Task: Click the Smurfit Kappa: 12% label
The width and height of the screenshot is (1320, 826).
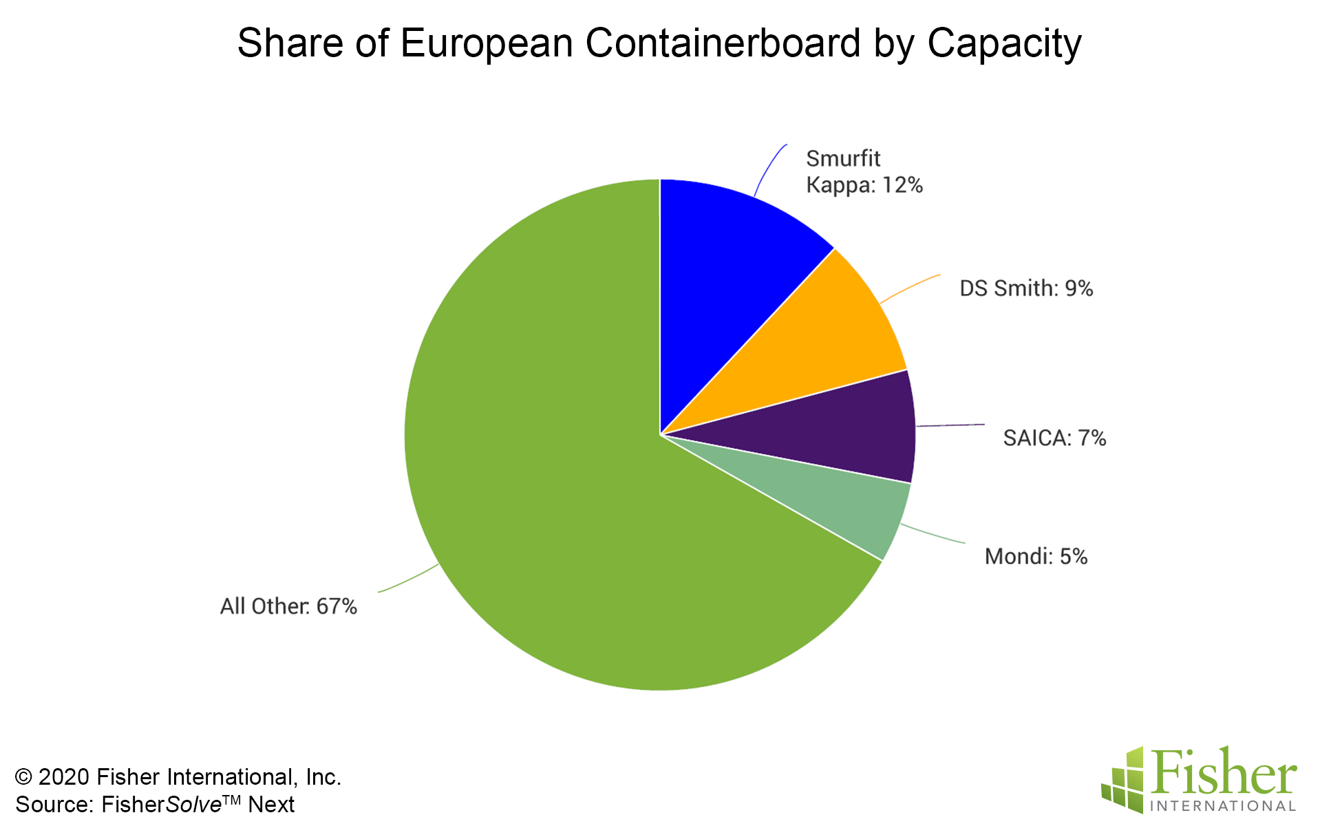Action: (864, 172)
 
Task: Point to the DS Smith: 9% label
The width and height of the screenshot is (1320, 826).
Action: (1025, 288)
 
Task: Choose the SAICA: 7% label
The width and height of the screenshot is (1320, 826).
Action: (1054, 438)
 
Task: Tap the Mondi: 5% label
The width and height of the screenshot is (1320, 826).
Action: (1036, 556)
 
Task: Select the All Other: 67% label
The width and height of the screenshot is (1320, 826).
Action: (288, 606)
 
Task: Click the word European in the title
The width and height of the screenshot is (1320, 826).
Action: (486, 44)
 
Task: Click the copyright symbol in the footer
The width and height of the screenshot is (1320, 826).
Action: (24, 777)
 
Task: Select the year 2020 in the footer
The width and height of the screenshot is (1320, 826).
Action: (64, 777)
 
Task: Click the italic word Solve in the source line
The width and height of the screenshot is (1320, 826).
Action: (193, 805)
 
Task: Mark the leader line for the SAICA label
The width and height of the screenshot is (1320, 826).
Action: (950, 425)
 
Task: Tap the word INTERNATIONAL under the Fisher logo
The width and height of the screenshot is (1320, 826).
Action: (1222, 806)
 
